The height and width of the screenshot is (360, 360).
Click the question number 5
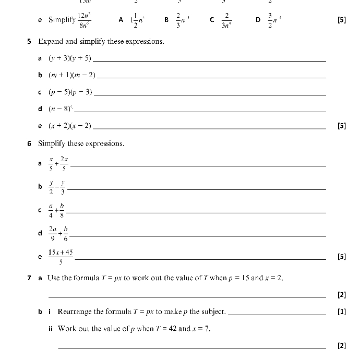(x=29, y=41)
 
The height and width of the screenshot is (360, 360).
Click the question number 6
(x=29, y=143)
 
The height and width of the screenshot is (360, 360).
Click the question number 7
(x=29, y=278)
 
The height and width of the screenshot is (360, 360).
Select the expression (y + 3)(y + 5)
(x=70, y=58)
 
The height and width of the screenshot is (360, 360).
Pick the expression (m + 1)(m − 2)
(x=73, y=75)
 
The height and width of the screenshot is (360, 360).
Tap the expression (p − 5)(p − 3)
(x=70, y=92)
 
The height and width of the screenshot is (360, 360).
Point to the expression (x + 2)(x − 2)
(x=70, y=126)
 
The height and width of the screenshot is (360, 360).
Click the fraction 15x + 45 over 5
(x=61, y=257)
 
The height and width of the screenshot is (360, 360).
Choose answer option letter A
(x=121, y=20)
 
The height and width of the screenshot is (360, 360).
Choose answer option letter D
(x=258, y=20)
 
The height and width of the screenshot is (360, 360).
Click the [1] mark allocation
(x=342, y=312)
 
